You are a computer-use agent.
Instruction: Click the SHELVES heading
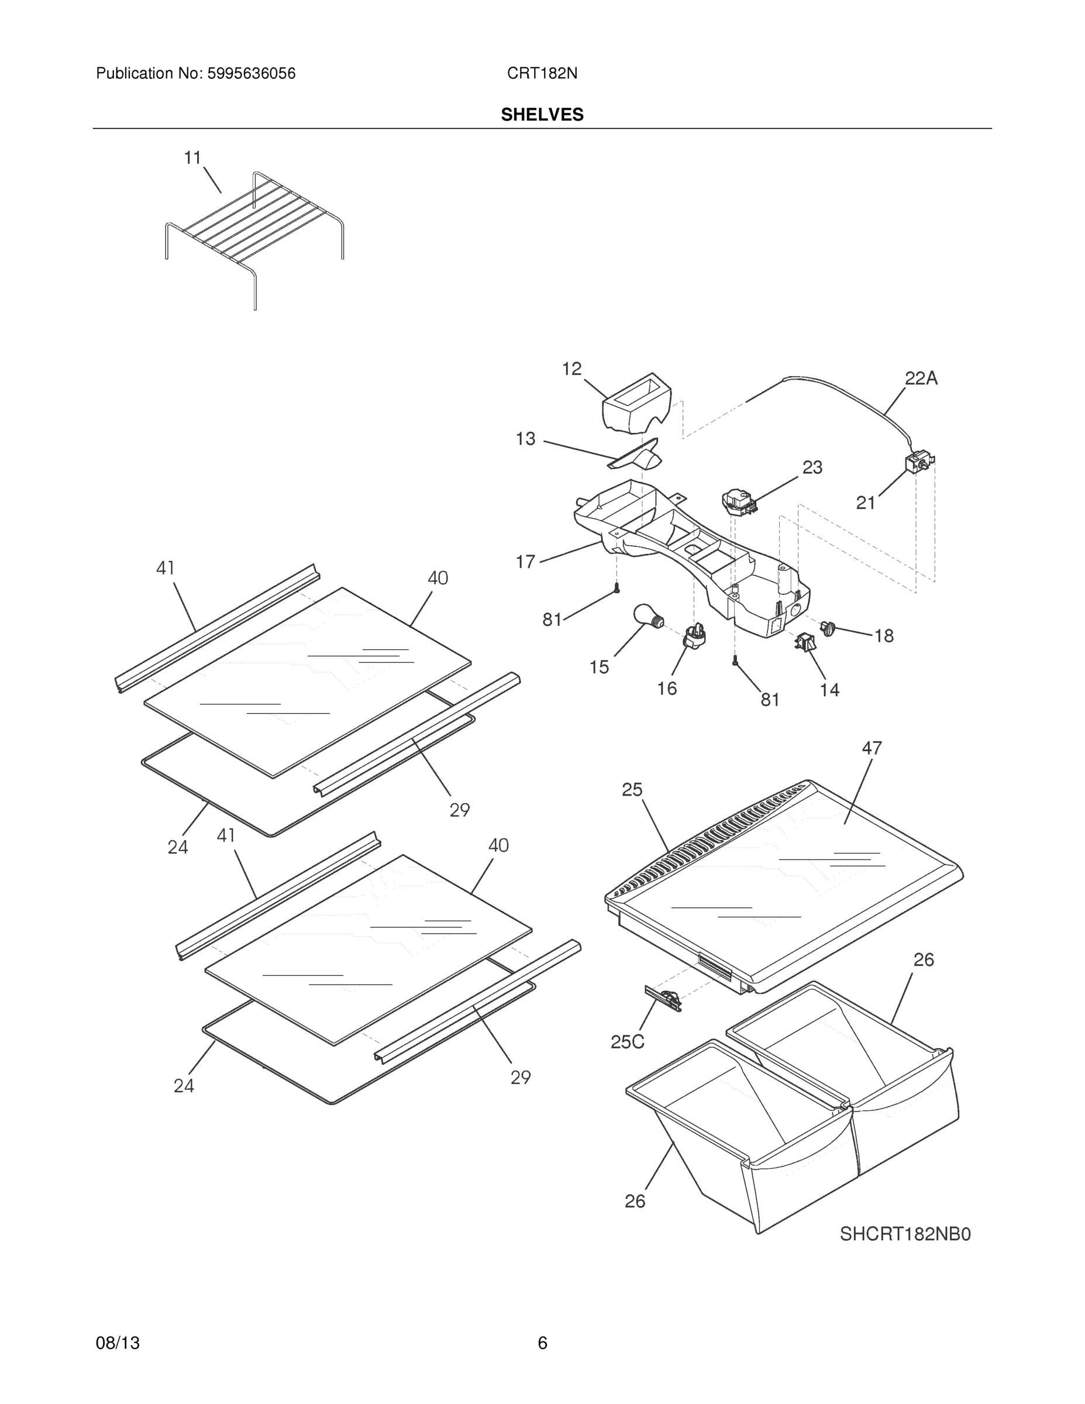click(542, 115)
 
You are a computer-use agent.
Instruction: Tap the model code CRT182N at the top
click(542, 74)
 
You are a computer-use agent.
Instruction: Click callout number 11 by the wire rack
click(193, 157)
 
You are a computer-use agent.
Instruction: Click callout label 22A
click(921, 378)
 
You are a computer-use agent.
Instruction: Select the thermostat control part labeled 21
click(918, 463)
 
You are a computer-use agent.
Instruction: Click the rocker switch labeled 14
click(805, 642)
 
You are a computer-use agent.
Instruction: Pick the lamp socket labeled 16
click(694, 636)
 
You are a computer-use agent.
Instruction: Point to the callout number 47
click(872, 748)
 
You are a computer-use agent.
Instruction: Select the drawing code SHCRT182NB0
click(905, 1234)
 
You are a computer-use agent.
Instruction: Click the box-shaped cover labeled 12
click(636, 404)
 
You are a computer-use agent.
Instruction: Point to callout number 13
click(525, 438)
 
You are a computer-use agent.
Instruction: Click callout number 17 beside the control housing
click(525, 562)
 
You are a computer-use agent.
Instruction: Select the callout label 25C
click(626, 1042)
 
